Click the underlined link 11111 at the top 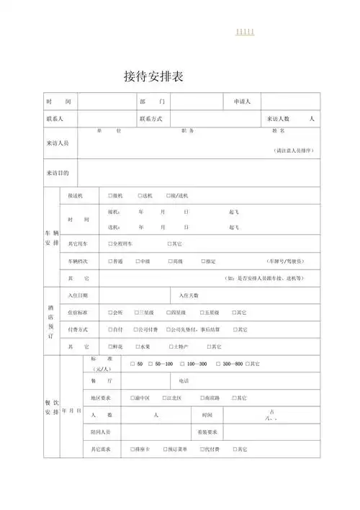245,32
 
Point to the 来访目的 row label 58,174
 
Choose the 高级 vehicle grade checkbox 169,261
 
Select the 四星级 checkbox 168,313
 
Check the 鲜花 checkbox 110,347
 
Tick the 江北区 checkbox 165,398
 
